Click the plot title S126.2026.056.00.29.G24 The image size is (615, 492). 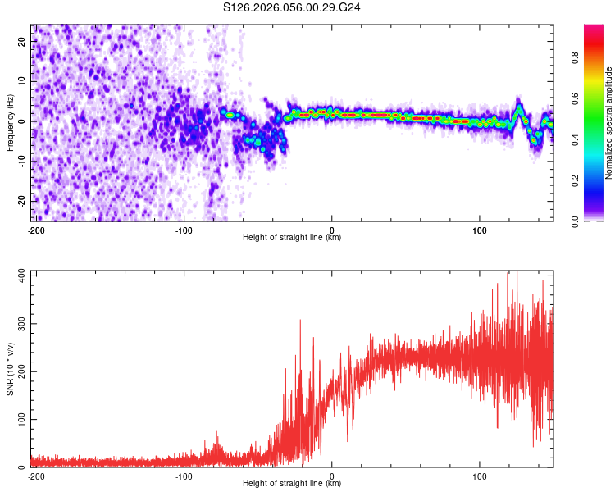point(293,8)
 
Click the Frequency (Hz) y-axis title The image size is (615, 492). point(10,122)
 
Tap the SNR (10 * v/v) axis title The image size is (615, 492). point(10,368)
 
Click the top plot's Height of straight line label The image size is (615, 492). point(292,237)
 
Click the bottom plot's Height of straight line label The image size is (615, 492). point(292,483)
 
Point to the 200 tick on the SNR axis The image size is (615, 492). point(19,371)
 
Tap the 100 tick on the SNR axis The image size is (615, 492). point(19,419)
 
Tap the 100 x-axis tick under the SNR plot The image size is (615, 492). point(481,476)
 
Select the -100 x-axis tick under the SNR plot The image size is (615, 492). point(183,476)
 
